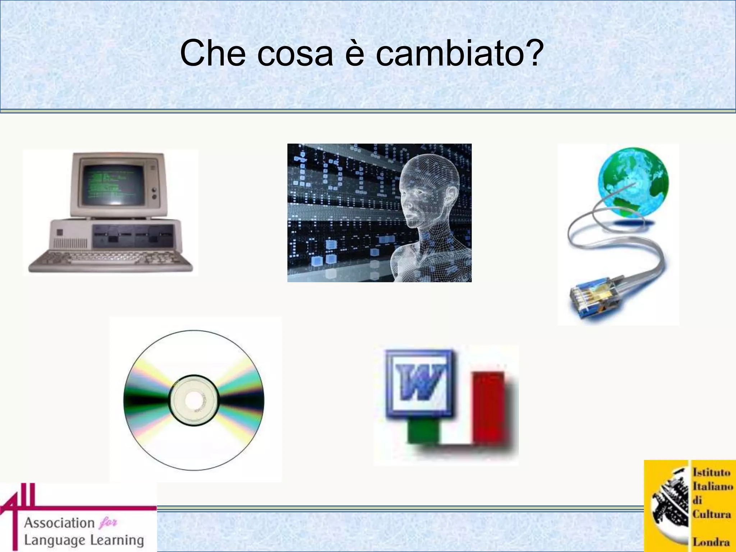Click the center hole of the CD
point(194,400)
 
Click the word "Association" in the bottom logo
point(59,523)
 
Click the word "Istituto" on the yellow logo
point(712,472)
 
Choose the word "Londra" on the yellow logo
point(711,542)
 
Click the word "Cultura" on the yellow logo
point(712,514)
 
